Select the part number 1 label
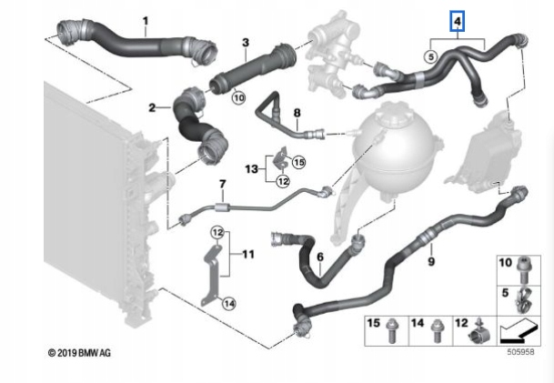coord(144,20)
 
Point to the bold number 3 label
coord(246,42)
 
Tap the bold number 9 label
coord(431,261)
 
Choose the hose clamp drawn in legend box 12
coord(481,329)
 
